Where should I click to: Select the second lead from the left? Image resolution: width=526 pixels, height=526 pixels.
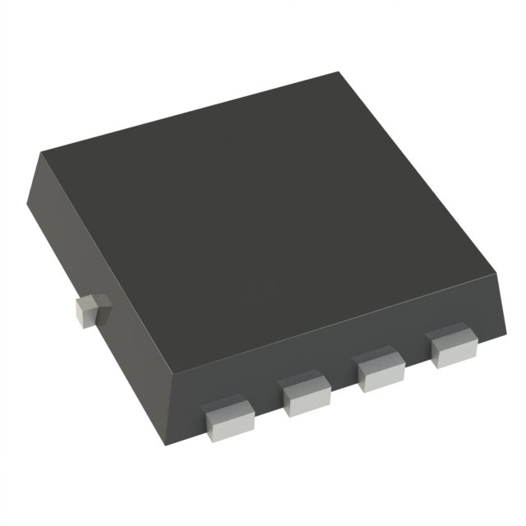pyautogui.click(x=306, y=391)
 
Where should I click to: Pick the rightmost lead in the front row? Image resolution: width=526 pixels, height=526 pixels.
pyautogui.click(x=452, y=346)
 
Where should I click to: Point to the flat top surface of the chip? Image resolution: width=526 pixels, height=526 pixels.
pyautogui.click(x=263, y=205)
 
